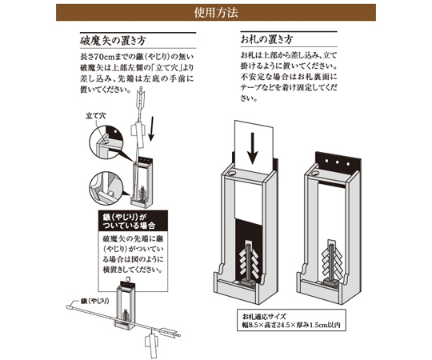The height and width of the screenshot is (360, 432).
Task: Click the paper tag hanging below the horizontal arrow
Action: click(150, 346)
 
